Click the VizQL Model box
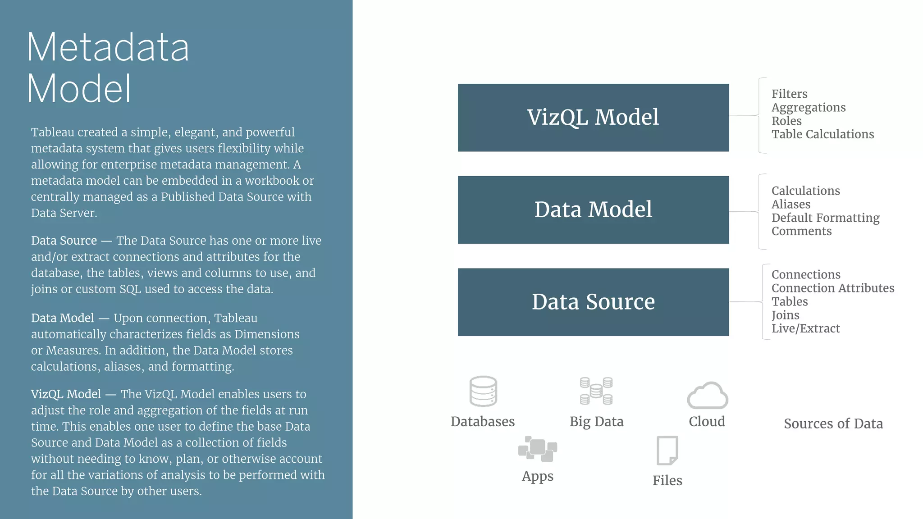(593, 118)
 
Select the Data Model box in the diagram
(593, 210)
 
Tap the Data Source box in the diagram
(593, 302)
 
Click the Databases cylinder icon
(483, 392)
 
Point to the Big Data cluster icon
(596, 391)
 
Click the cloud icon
(707, 396)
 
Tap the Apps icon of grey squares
(538, 449)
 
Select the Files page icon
(667, 451)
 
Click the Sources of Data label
(833, 424)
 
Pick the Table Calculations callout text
(822, 134)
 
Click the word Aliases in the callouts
(790, 205)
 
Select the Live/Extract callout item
(805, 328)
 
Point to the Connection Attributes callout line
(832, 288)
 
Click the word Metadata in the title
(108, 47)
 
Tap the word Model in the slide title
(79, 89)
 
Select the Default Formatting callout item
(825, 218)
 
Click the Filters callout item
(789, 94)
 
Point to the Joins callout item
(785, 315)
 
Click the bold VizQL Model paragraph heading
(66, 394)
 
